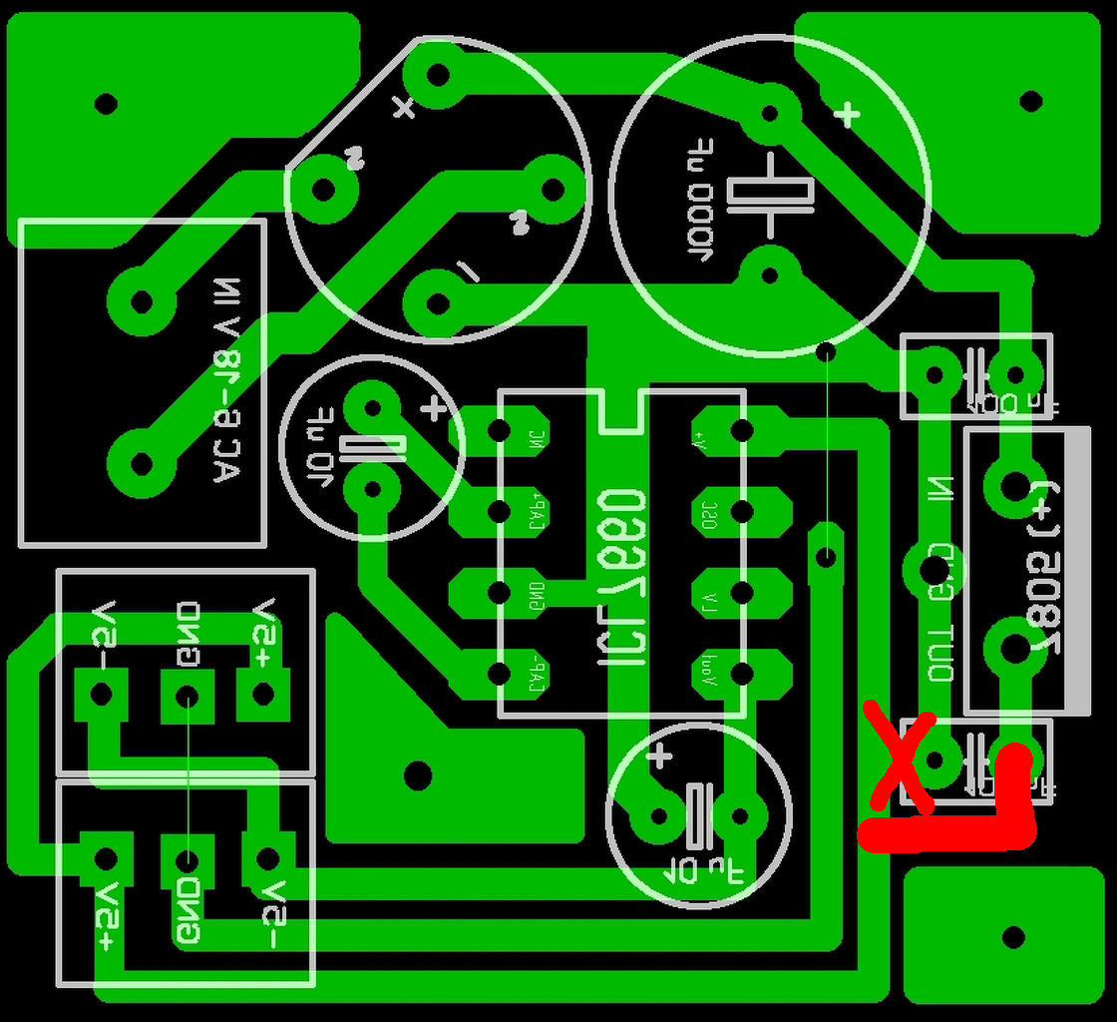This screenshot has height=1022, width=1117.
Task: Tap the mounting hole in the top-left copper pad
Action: (x=105, y=103)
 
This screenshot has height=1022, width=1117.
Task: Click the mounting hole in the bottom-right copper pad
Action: (x=1013, y=937)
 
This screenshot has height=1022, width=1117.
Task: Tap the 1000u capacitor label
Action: (x=701, y=209)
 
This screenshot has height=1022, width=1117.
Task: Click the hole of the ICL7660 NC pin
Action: (x=500, y=431)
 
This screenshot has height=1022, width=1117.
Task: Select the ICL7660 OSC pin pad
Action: (x=740, y=512)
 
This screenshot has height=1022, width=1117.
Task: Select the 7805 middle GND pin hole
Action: (x=932, y=570)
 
